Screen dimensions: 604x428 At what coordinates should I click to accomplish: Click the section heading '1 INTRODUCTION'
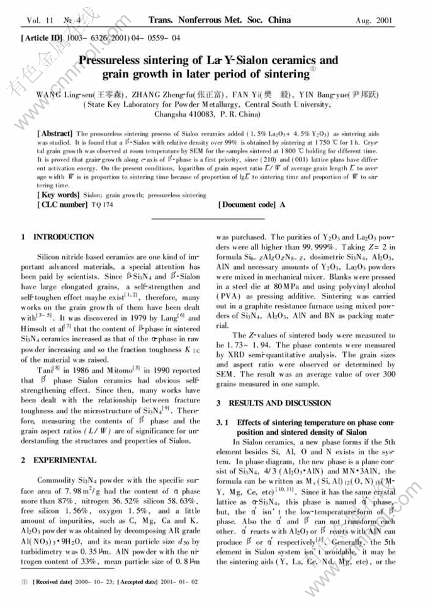point(57,237)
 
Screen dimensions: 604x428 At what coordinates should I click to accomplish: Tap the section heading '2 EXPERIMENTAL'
point(55,460)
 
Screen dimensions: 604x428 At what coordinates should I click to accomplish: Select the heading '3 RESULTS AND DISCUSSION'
point(274,403)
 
